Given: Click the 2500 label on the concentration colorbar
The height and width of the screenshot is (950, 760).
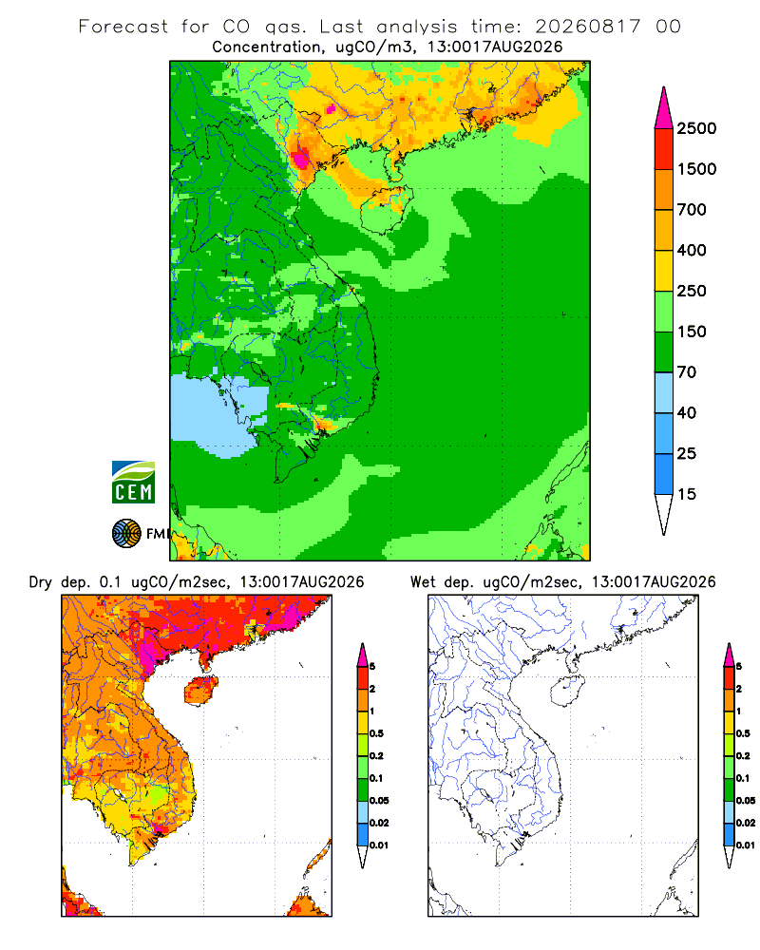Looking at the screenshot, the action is tap(696, 128).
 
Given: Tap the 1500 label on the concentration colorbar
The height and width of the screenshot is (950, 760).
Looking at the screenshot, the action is tap(696, 169).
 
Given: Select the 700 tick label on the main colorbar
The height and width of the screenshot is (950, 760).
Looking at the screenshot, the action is tap(692, 210).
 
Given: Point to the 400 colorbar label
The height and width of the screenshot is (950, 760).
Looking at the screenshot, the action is tap(692, 250).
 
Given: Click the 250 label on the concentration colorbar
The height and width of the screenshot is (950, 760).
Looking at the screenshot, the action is tap(692, 291).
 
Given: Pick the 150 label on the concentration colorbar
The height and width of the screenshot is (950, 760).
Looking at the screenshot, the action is tap(692, 332).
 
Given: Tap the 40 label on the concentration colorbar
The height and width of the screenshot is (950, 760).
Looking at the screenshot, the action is tap(687, 412).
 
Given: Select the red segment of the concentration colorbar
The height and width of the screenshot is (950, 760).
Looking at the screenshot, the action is tap(664, 149).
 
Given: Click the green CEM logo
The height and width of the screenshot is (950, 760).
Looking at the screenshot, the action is tap(133, 483).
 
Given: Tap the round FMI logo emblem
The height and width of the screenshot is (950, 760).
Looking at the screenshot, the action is tap(126, 534).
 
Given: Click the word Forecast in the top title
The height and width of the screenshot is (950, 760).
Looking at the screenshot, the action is tap(123, 27).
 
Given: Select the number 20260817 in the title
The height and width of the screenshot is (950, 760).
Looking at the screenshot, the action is tap(587, 27).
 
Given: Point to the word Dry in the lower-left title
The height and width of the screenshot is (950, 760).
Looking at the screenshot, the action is tap(41, 583).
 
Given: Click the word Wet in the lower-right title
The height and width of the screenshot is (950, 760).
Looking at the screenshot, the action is tap(423, 582).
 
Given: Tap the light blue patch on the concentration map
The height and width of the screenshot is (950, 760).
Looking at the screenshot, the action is tap(218, 416).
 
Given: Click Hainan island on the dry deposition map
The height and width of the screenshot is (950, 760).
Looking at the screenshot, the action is tap(200, 691).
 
